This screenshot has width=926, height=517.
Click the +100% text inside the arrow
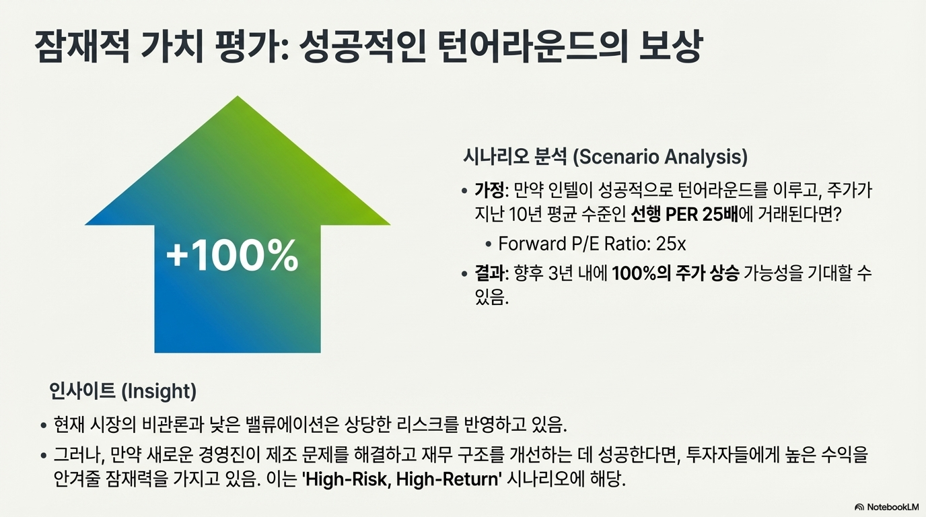click(232, 255)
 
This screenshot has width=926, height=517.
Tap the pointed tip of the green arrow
click(238, 96)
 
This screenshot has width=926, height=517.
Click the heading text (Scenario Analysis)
click(660, 157)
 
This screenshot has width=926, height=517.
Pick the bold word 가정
click(489, 191)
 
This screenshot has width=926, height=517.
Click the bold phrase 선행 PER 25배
click(684, 214)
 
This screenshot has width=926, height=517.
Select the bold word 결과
click(489, 273)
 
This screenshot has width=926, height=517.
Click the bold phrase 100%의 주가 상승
click(675, 273)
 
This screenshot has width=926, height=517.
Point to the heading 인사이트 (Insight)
click(122, 391)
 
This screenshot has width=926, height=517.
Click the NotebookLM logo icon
click(859, 507)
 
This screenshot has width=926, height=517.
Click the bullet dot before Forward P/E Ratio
click(489, 244)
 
